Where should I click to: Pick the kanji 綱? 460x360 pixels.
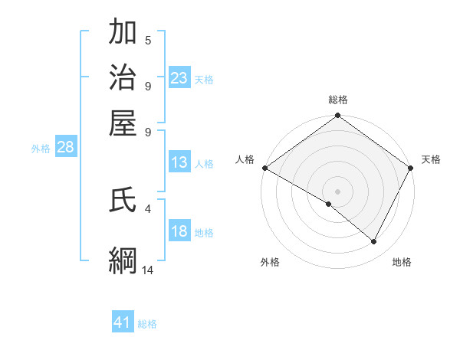123,260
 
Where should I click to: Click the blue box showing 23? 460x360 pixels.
179,78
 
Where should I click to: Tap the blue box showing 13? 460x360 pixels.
179,162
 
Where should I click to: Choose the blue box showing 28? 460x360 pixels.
65,148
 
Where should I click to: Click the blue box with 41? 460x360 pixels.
123,322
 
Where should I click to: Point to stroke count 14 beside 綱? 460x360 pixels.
148,270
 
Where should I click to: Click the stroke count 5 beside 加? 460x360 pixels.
148,40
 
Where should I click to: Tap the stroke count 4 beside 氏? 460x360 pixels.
148,208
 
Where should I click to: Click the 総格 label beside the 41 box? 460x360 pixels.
147,324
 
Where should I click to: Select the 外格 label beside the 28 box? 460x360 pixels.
41,149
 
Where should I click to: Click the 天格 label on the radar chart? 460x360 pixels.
431,159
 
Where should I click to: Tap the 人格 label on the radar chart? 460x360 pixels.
245,159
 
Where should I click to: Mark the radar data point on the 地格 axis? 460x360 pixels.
374,242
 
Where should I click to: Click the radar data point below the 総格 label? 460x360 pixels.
337,116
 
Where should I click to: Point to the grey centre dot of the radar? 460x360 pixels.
337,191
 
